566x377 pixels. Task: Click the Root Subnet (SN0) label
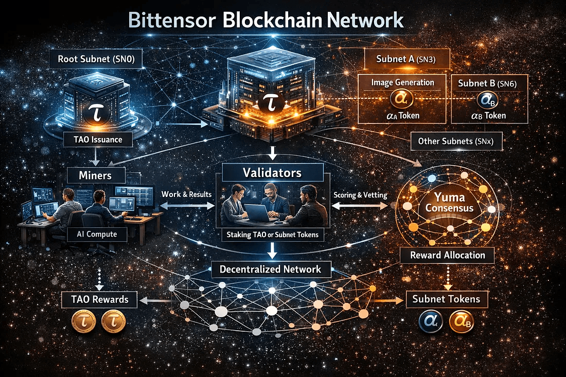coord(96,59)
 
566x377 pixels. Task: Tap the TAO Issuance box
coord(98,139)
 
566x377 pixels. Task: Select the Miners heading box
coord(96,176)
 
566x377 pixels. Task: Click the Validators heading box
coord(272,172)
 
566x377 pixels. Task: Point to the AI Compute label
coord(97,234)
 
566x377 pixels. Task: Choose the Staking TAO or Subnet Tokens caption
coord(273,235)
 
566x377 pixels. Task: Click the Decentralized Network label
coord(270,269)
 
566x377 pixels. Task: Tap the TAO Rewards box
coord(100,299)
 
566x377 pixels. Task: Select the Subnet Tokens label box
coord(447,299)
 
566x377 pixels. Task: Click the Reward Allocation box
coord(448,255)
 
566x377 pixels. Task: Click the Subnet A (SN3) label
coord(406,59)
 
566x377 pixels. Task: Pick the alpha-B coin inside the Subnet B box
coord(488,100)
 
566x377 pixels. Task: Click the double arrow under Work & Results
coord(187,206)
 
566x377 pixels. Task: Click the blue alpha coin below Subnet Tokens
coord(431,321)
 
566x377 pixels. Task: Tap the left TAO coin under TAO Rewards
coord(84,321)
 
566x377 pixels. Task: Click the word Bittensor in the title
coord(172,20)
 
